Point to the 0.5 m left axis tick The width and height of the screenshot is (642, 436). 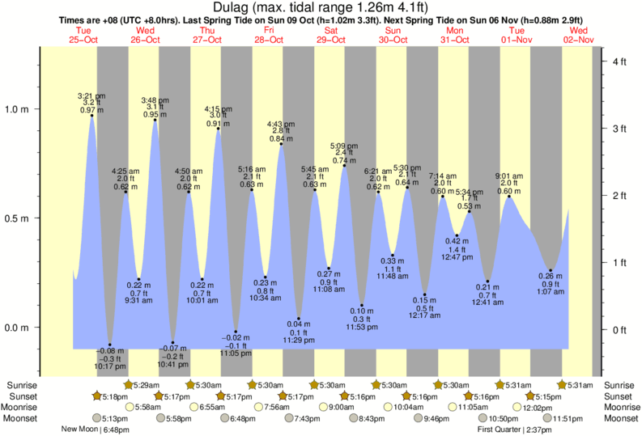click(x=17, y=218)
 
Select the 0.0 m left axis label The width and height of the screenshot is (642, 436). click(x=17, y=328)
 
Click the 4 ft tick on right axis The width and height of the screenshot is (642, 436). click(x=621, y=61)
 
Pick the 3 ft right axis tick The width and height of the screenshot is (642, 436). click(x=621, y=129)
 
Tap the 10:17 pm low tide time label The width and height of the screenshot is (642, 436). click(x=110, y=365)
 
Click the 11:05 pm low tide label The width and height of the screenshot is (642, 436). click(x=235, y=353)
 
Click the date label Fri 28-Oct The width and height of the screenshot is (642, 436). click(x=269, y=34)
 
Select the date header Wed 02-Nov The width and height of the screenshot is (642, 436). click(x=579, y=34)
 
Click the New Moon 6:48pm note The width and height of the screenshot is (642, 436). click(x=96, y=430)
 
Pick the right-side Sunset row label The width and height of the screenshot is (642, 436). click(x=619, y=396)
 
